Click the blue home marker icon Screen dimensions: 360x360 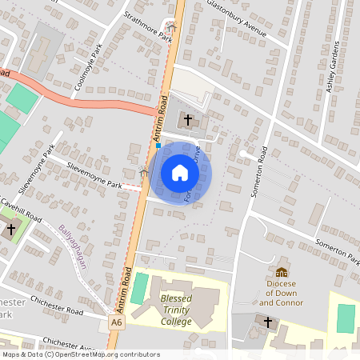tap(180, 172)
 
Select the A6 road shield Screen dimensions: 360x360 tap(117, 322)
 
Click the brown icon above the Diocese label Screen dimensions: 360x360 tap(281, 272)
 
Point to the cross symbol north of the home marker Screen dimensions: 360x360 tap(189, 121)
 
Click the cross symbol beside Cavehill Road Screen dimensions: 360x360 tap(11, 230)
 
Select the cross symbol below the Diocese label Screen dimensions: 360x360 tap(268, 322)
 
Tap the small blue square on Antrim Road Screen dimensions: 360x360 tap(158, 146)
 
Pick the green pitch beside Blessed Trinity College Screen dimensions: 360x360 tap(140, 288)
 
